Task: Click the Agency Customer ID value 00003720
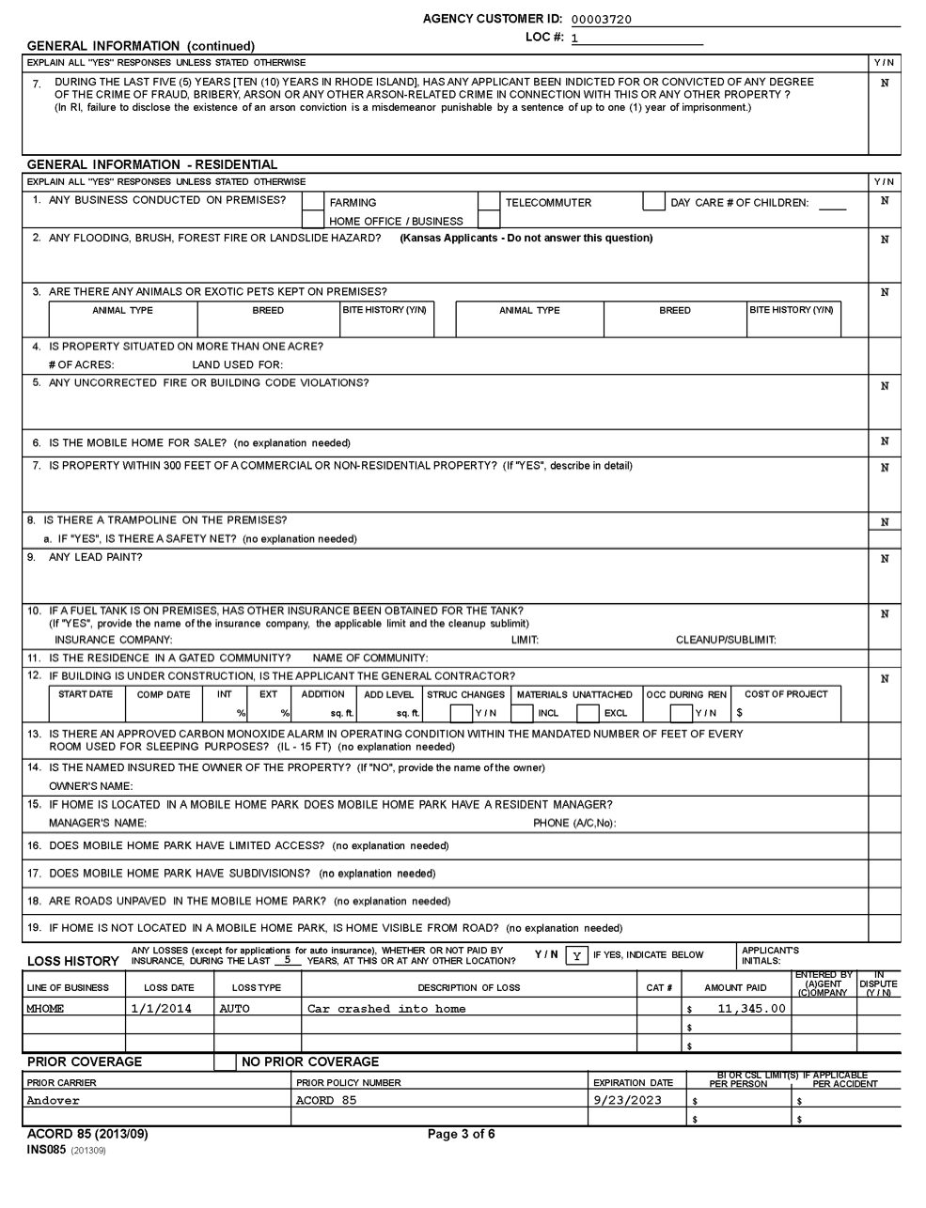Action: point(602,19)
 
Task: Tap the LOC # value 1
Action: point(575,39)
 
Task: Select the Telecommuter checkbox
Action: point(489,202)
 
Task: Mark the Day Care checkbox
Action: point(653,202)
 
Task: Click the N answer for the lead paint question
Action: point(885,559)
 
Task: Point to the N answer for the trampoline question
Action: point(885,522)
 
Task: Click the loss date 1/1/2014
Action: point(161,1009)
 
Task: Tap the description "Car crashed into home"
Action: point(386,1009)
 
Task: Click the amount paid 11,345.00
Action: point(750,1009)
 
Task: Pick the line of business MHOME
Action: point(45,1009)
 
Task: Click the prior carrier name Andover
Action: point(54,1101)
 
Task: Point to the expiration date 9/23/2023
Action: point(628,1101)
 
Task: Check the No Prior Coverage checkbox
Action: point(226,1062)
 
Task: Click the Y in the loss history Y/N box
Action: point(575,955)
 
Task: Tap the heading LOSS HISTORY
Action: point(73,961)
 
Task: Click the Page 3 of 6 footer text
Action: point(462,1134)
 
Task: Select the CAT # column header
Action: point(659,987)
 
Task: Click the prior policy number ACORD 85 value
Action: point(326,1101)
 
